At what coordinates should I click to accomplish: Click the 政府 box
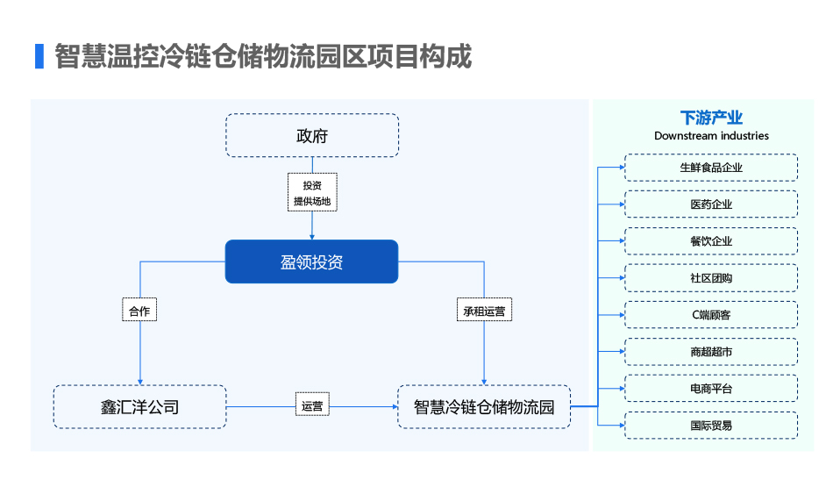(x=312, y=135)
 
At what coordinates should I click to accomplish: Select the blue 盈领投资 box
(x=312, y=261)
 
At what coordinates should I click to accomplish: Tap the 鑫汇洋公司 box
(x=139, y=407)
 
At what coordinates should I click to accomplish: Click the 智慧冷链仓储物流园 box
(x=484, y=407)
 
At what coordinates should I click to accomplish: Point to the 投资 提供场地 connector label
(x=312, y=192)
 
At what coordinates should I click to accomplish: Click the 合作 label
(x=139, y=311)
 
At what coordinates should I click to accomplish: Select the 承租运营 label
(x=484, y=311)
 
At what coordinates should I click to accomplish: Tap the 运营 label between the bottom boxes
(x=312, y=406)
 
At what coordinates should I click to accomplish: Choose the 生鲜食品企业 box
(x=711, y=168)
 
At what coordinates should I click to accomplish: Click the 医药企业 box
(x=711, y=204)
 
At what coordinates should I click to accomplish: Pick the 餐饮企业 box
(x=711, y=240)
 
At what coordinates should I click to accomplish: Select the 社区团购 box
(x=711, y=278)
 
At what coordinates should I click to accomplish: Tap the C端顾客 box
(x=711, y=315)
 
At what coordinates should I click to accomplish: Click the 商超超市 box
(x=711, y=351)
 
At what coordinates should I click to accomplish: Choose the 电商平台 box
(x=711, y=389)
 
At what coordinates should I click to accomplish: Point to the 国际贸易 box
(x=711, y=426)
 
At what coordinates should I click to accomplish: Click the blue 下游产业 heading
(x=711, y=118)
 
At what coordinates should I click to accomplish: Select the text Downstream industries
(x=711, y=136)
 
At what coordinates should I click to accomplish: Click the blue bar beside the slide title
(x=39, y=56)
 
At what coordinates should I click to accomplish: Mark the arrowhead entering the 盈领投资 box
(x=312, y=237)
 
